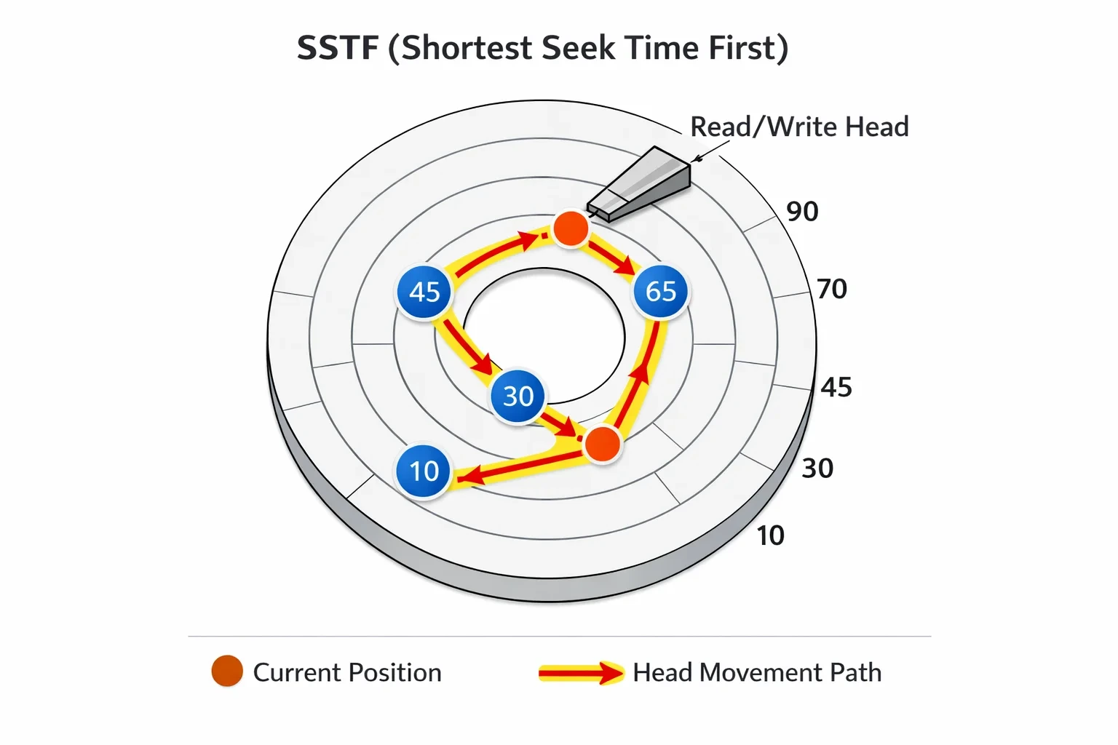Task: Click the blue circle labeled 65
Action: pos(661,291)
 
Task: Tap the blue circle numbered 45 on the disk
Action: pos(424,292)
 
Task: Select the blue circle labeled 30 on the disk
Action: pos(518,397)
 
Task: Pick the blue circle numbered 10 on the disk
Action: pos(424,471)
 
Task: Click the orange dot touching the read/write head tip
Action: pos(571,228)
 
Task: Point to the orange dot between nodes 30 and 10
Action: pos(603,444)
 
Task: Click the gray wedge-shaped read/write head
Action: pos(639,184)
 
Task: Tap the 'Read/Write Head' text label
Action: pos(799,127)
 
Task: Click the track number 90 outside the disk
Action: pos(802,212)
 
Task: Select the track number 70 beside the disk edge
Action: pos(831,289)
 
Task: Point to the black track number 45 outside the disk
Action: pos(836,387)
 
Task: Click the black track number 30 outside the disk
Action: pos(817,469)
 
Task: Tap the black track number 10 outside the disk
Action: pos(771,536)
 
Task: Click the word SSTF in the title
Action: pos(338,48)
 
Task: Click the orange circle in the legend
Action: pos(227,671)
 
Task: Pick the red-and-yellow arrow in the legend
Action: pos(581,673)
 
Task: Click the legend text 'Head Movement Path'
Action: pos(757,673)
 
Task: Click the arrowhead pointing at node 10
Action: pos(470,476)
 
